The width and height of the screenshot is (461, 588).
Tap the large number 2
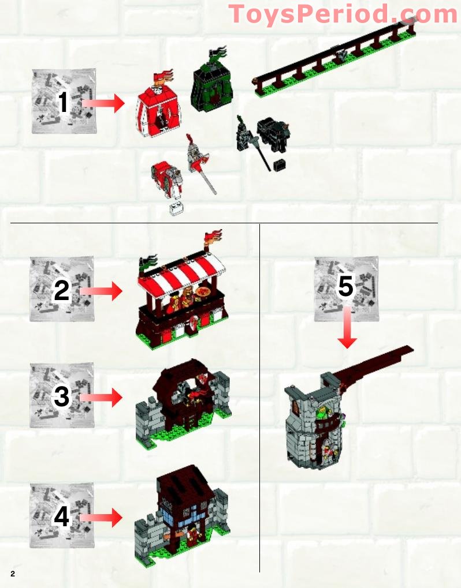[x=62, y=291]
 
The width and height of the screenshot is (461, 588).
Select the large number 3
[x=62, y=398]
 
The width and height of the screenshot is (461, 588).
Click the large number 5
[x=345, y=287]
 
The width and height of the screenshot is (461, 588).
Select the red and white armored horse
[x=167, y=177]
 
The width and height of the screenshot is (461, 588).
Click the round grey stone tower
[x=315, y=421]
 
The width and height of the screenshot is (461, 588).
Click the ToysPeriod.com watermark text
[x=343, y=14]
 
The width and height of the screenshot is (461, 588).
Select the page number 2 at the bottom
[x=12, y=574]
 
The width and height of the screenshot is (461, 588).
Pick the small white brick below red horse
[x=176, y=208]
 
